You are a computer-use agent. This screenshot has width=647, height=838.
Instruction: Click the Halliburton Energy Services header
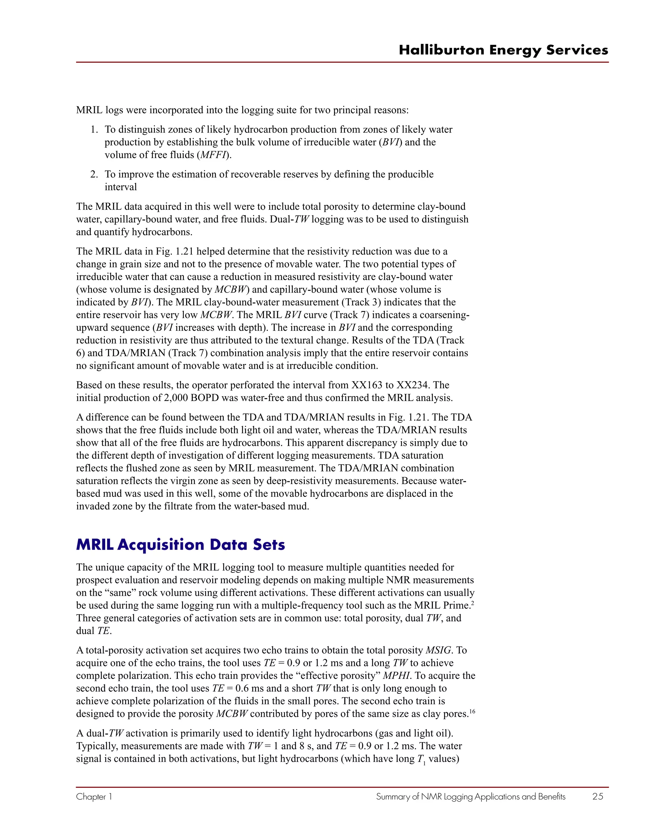pyautogui.click(x=503, y=50)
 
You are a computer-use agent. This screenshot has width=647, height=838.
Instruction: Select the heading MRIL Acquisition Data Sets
pyautogui.click(x=180, y=545)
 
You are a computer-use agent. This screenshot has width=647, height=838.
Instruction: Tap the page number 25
pyautogui.click(x=597, y=797)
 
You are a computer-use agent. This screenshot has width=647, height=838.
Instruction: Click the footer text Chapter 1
pyautogui.click(x=94, y=797)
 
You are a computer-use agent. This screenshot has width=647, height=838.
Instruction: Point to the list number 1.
pyautogui.click(x=94, y=130)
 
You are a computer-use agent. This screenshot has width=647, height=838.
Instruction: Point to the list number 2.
pyautogui.click(x=94, y=175)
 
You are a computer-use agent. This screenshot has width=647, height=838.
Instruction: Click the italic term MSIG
pyautogui.click(x=439, y=650)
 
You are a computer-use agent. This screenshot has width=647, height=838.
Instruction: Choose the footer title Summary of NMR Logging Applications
pyautogui.click(x=471, y=797)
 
